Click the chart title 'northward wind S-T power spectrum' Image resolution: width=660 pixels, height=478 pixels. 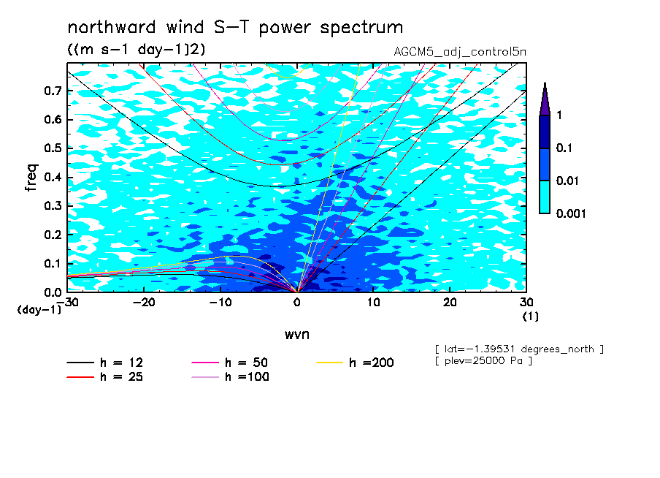(x=235, y=28)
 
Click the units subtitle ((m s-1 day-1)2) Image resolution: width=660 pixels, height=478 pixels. (x=137, y=50)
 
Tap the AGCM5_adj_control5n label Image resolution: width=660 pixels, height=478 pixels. (x=460, y=52)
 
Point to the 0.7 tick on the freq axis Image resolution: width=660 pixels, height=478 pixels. (x=53, y=91)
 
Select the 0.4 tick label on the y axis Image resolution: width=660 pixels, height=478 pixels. (x=53, y=177)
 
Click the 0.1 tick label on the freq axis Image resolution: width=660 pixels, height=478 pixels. (x=53, y=263)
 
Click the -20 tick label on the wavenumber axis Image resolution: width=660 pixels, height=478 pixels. (x=144, y=303)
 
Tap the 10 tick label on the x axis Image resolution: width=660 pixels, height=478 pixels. (x=373, y=303)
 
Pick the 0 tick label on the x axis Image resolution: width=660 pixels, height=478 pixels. (x=297, y=303)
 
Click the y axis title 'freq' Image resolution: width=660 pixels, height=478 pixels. (x=31, y=178)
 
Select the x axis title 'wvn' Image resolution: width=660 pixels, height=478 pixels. (x=296, y=335)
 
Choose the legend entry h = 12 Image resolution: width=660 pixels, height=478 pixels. (x=105, y=363)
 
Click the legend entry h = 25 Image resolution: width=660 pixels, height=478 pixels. (x=105, y=376)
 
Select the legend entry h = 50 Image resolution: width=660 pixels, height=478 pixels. (x=230, y=363)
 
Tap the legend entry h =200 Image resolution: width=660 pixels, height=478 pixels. (x=355, y=363)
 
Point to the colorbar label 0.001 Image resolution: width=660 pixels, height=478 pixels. (x=571, y=213)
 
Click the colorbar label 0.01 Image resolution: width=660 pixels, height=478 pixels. (x=568, y=181)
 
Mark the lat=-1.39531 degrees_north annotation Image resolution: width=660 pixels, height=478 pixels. (x=519, y=349)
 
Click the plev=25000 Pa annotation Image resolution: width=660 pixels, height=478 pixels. (x=483, y=361)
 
